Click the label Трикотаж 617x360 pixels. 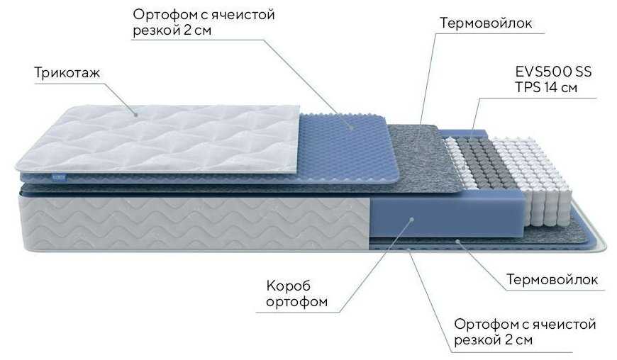point(65,73)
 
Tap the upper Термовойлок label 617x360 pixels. point(486,23)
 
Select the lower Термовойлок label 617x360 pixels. point(552,280)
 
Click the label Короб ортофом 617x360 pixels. point(296,295)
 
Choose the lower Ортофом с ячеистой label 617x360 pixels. point(525,325)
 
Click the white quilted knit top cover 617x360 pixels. point(163,138)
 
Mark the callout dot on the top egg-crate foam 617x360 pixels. point(351,126)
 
